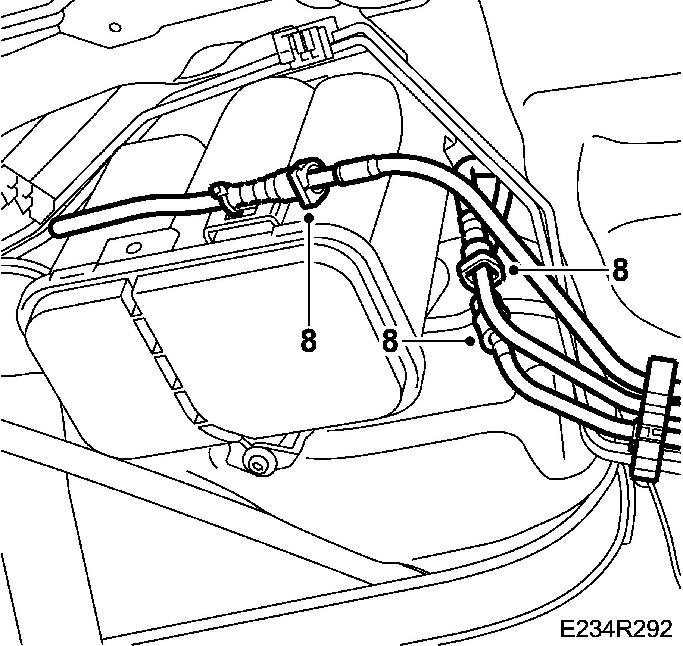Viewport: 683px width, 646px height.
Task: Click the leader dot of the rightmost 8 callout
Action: [514, 270]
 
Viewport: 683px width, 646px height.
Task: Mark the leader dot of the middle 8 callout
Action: [471, 340]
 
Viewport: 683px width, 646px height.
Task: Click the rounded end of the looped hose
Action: [56, 228]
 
